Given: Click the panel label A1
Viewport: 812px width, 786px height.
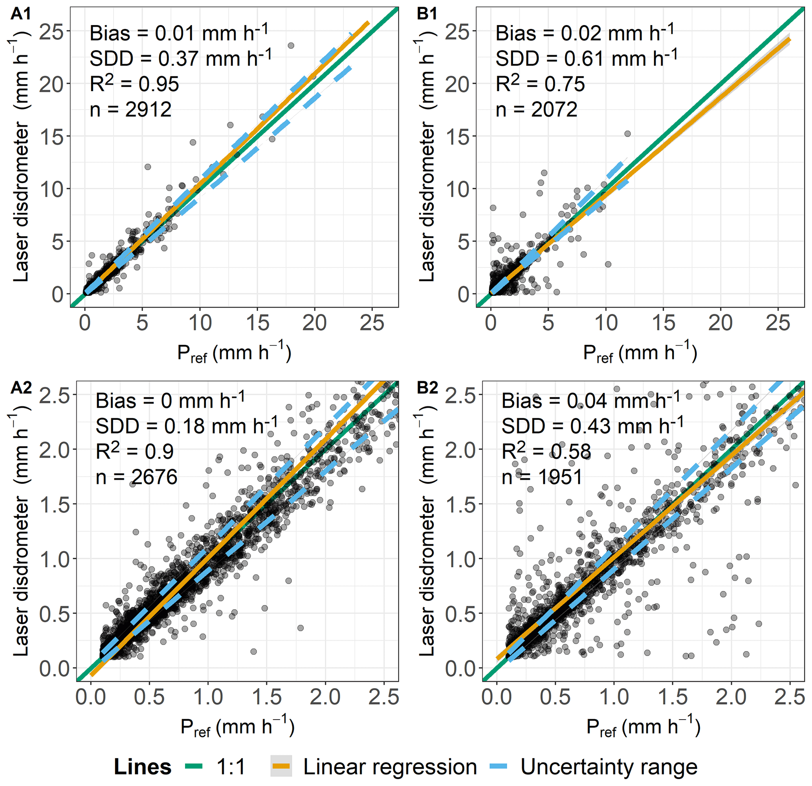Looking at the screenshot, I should [21, 14].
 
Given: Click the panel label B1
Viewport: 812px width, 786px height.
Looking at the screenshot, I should [427, 14].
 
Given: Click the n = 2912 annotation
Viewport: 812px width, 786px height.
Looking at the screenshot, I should [130, 110].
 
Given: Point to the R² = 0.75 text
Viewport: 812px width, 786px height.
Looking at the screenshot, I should [540, 84].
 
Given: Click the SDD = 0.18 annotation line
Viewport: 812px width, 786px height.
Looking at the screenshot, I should [187, 425].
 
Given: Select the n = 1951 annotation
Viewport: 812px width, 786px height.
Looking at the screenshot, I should [542, 477].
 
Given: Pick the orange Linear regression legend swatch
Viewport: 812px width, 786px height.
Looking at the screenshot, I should [281, 767].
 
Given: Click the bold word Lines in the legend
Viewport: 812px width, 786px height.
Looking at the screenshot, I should [143, 767].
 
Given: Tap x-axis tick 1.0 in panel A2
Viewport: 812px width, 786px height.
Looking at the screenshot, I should [208, 697].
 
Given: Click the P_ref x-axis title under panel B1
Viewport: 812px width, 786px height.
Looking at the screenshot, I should [640, 354].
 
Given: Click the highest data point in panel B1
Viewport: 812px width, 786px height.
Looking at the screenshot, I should [628, 134].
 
